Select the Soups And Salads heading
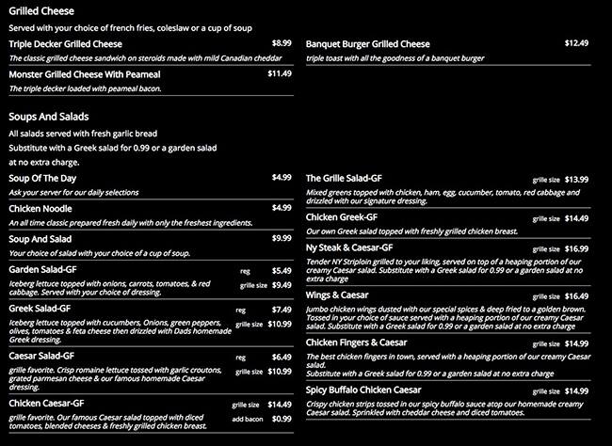[48, 117]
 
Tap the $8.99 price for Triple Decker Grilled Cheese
[282, 43]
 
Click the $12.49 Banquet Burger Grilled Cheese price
[576, 43]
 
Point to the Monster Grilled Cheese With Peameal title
[72, 73]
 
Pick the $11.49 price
[280, 72]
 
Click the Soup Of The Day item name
[45, 178]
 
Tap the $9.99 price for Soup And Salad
[282, 238]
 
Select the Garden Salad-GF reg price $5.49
[282, 270]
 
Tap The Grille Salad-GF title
[344, 178]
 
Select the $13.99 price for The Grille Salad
[576, 180]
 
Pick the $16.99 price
[576, 248]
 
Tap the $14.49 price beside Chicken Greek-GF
[576, 218]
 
